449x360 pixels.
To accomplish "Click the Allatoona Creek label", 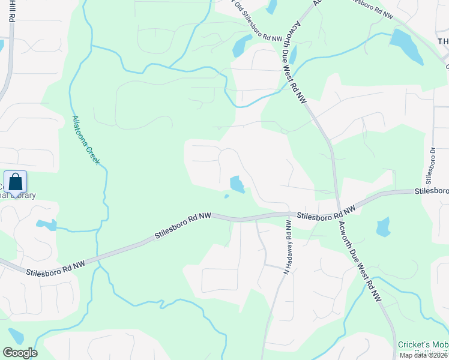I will pyautogui.click(x=85, y=140).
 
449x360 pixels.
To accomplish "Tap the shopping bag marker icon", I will pyautogui.click(x=16, y=181).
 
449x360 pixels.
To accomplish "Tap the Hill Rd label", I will pyautogui.click(x=11, y=11).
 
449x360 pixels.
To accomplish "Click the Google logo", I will pyautogui.click(x=20, y=353).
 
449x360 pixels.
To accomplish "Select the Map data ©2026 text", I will pyautogui.click(x=423, y=355).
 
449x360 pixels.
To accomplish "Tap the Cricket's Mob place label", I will pyautogui.click(x=423, y=344).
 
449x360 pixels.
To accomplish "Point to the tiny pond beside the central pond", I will pyautogui.click(x=226, y=196).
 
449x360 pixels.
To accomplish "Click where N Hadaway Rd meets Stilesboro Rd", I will pyautogui.click(x=292, y=214).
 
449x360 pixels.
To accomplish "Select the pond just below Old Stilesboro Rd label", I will pyautogui.click(x=241, y=45).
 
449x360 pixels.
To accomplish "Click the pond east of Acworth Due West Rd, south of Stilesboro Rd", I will pyautogui.click(x=382, y=227).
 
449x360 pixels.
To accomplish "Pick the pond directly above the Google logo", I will pyautogui.click(x=16, y=337).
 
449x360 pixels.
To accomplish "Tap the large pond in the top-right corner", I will pyautogui.click(x=407, y=45).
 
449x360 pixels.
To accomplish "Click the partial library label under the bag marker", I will pyautogui.click(x=18, y=196).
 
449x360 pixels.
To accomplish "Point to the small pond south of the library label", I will pyautogui.click(x=46, y=225).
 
